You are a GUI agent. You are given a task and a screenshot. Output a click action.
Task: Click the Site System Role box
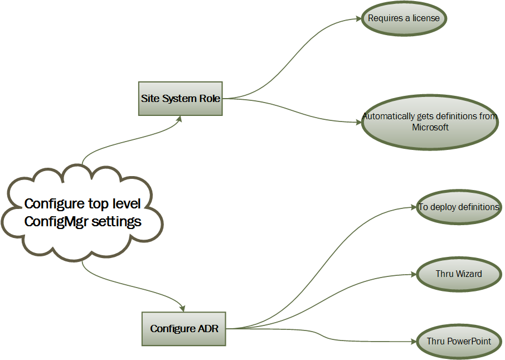click(x=180, y=99)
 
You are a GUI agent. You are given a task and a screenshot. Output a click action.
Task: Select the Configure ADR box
click(x=184, y=329)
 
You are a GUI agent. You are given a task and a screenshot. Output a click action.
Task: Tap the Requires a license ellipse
click(x=404, y=18)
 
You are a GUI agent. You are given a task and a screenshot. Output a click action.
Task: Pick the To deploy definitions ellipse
click(x=459, y=207)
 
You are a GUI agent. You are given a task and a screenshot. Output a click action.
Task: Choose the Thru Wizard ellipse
click(x=459, y=274)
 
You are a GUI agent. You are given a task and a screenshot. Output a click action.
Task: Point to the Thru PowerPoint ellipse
click(x=459, y=340)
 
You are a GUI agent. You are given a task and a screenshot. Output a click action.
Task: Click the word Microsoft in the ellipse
click(x=430, y=127)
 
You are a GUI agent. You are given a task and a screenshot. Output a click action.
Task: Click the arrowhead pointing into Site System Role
click(x=179, y=119)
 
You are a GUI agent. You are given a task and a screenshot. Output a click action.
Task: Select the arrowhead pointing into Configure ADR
click(x=182, y=308)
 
